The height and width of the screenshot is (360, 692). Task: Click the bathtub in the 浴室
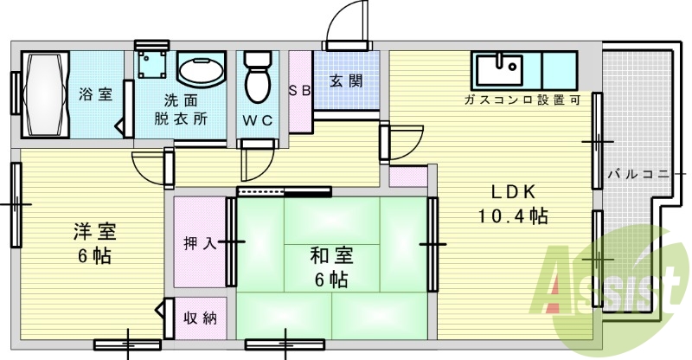[46, 94]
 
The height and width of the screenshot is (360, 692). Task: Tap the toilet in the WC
[258, 77]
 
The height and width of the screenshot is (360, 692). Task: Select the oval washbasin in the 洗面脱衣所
[202, 70]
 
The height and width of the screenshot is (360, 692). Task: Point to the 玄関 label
[346, 81]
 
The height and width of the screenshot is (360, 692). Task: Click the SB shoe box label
[300, 91]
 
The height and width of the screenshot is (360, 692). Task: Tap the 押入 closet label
[200, 242]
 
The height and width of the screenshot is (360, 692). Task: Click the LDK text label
[514, 192]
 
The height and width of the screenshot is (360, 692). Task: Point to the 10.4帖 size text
[513, 216]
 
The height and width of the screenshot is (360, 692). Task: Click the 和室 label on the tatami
[331, 255]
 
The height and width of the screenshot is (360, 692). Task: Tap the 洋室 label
[94, 231]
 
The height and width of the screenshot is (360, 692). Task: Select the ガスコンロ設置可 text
[522, 100]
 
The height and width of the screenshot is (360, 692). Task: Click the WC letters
[258, 120]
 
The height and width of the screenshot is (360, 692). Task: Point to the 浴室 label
[95, 94]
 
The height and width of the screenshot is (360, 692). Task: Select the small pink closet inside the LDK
[408, 177]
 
